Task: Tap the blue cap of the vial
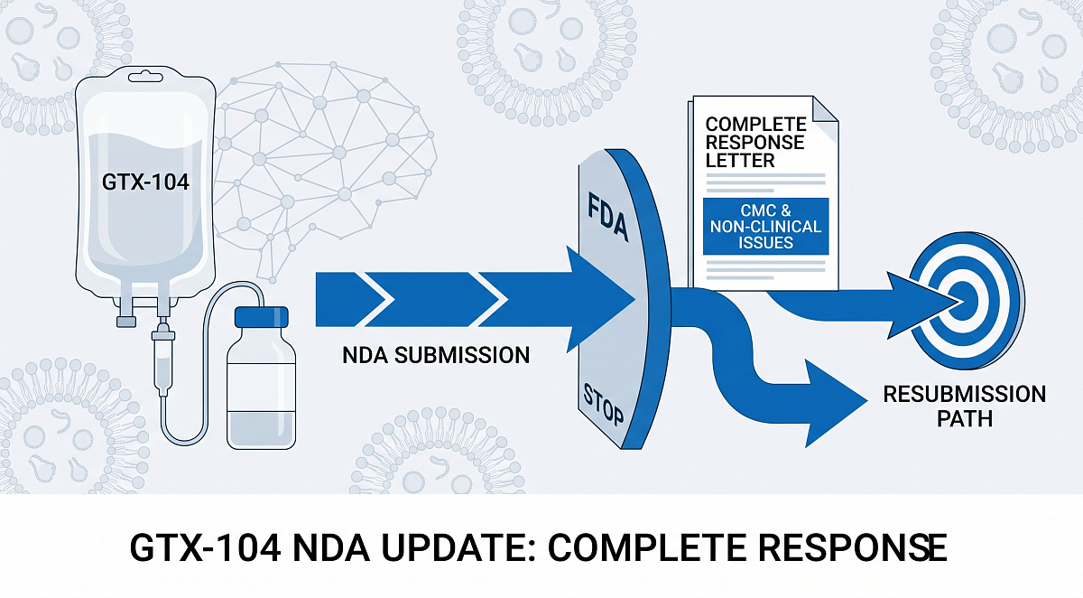[261, 318]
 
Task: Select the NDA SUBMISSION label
[436, 355]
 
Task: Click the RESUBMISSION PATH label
[964, 406]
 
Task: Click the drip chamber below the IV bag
[163, 347]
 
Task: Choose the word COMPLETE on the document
[756, 124]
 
